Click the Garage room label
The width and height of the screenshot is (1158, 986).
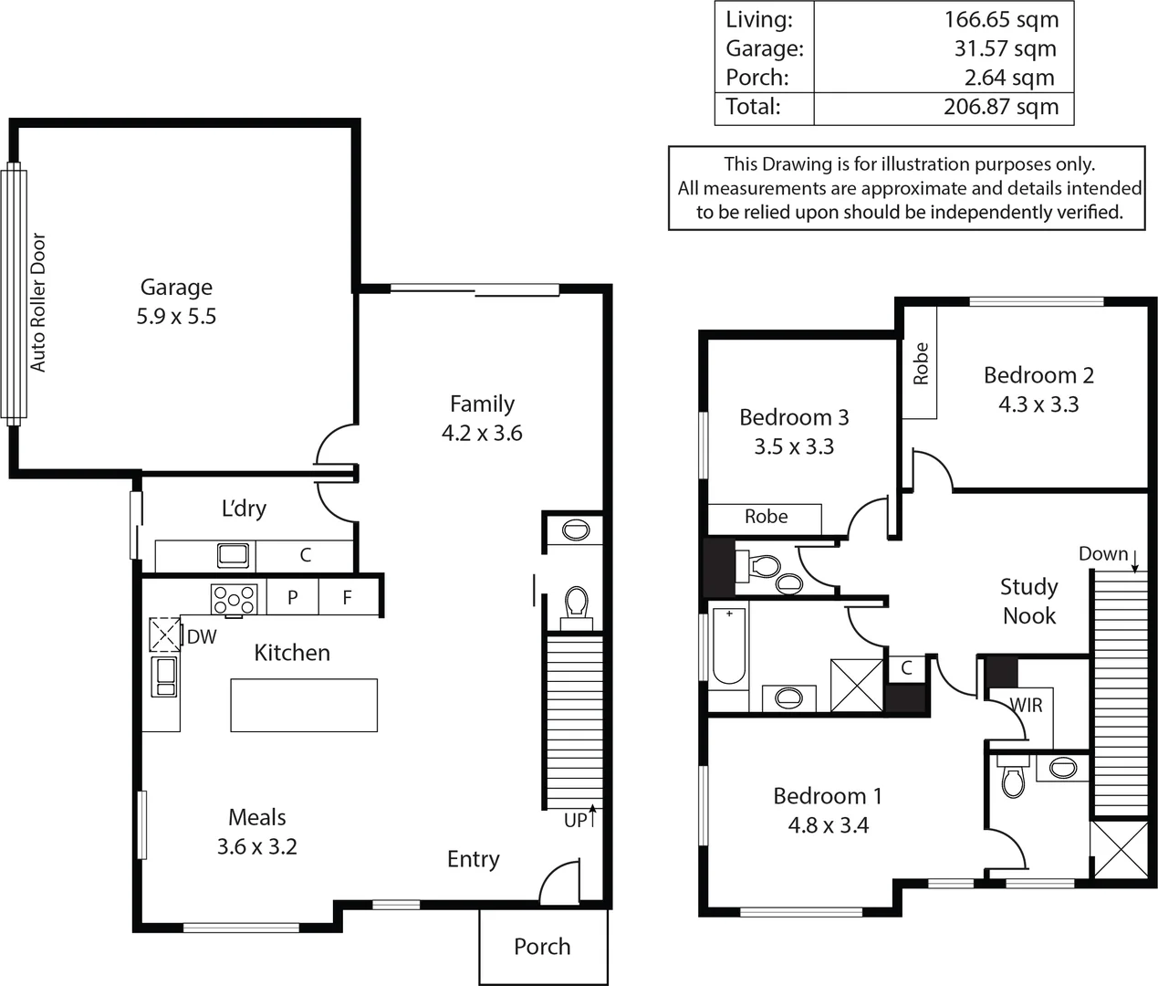(x=176, y=288)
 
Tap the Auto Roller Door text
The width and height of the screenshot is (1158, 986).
(x=37, y=302)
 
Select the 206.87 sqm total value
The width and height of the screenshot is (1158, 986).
(x=1000, y=107)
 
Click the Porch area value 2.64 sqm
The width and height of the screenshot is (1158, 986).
(x=1008, y=78)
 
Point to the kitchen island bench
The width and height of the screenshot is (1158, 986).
(x=303, y=705)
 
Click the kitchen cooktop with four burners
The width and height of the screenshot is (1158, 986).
(x=234, y=600)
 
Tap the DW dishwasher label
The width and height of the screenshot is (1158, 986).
(x=202, y=637)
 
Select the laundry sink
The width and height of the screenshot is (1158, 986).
(x=232, y=554)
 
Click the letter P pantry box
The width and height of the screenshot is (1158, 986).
(x=292, y=598)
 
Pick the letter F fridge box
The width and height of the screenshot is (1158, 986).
(x=347, y=598)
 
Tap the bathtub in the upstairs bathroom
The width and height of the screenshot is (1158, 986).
(x=728, y=646)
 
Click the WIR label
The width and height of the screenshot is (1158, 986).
(x=1026, y=705)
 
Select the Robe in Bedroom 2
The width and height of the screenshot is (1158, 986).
(x=920, y=362)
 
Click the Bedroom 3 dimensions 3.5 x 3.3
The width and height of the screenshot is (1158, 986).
(x=793, y=446)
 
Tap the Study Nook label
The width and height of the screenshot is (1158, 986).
(x=1028, y=601)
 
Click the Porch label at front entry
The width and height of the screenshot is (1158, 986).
(x=542, y=947)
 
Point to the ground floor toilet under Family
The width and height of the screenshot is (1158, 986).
(x=576, y=603)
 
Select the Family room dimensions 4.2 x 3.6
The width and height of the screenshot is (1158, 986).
(x=482, y=433)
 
